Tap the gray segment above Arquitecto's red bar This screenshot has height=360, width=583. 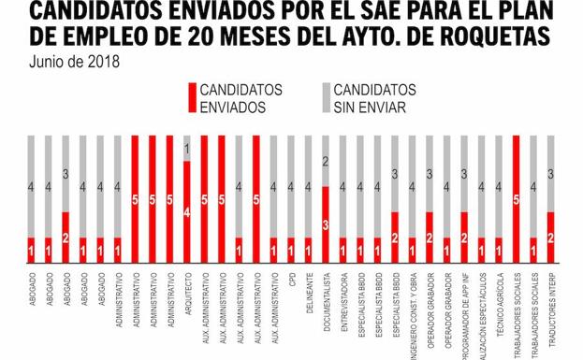[187, 148]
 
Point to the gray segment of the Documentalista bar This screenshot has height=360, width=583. [326, 161]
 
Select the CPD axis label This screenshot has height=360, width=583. [291, 281]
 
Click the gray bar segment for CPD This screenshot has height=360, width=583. [291, 186]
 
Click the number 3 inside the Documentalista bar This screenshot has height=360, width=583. [326, 224]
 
